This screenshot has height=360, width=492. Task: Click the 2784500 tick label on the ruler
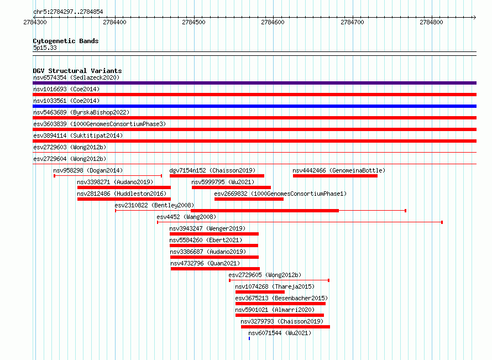tap(193, 22)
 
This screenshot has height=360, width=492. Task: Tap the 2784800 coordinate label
tap(431, 22)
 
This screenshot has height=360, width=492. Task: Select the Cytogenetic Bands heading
tap(66, 41)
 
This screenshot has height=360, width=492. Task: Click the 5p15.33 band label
tap(45, 48)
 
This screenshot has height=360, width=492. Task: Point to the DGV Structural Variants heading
tap(77, 71)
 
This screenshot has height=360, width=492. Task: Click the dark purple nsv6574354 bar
tap(254, 83)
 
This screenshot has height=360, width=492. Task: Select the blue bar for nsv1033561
tap(254, 106)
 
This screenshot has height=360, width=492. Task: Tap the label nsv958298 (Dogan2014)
tap(88, 170)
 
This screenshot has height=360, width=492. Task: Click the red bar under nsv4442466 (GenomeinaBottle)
tap(335, 176)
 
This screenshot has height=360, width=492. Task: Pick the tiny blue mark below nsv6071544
tap(249, 338)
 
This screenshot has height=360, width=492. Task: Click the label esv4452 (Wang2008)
tap(186, 217)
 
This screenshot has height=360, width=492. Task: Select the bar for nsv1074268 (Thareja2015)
tap(260, 292)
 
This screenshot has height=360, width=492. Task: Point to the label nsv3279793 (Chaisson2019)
tap(282, 321)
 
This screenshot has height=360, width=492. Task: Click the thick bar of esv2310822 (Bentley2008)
tap(265, 211)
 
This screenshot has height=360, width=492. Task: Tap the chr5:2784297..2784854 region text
tap(68, 12)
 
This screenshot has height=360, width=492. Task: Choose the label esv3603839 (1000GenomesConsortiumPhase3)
tap(100, 124)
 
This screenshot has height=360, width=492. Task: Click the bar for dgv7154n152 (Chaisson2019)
tap(217, 176)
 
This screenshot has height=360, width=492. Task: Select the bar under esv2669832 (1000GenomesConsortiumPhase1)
tap(249, 199)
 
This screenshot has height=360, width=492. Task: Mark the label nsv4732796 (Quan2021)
tap(205, 263)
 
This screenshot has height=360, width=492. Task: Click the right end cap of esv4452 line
tap(442, 222)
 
